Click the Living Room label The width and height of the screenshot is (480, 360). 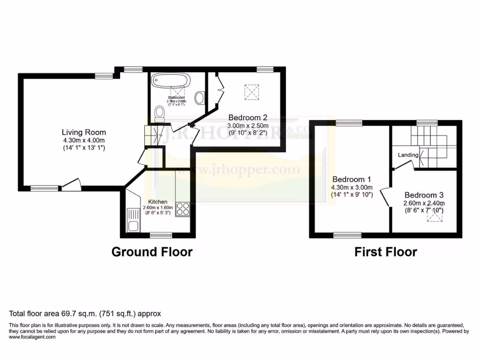tap(85, 132)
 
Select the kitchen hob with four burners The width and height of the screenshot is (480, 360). tap(182, 209)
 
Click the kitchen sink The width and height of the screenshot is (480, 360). tap(133, 220)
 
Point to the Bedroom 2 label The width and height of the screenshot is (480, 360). tap(248, 118)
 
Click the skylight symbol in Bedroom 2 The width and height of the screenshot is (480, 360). tap(251, 92)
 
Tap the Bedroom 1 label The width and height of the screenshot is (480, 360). tap(352, 179)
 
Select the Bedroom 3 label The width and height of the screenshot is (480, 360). tap(424, 195)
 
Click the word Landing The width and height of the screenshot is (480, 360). tap(408, 155)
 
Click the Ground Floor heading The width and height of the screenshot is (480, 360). tap(151, 252)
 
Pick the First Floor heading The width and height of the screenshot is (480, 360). tap(385, 252)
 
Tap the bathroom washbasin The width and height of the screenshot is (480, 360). tap(200, 97)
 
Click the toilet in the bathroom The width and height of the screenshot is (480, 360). tap(160, 113)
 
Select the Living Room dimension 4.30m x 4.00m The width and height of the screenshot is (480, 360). tap(85, 140)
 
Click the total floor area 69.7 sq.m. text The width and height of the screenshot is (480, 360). tap(85, 314)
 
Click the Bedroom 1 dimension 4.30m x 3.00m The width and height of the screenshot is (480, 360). tap(352, 187)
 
